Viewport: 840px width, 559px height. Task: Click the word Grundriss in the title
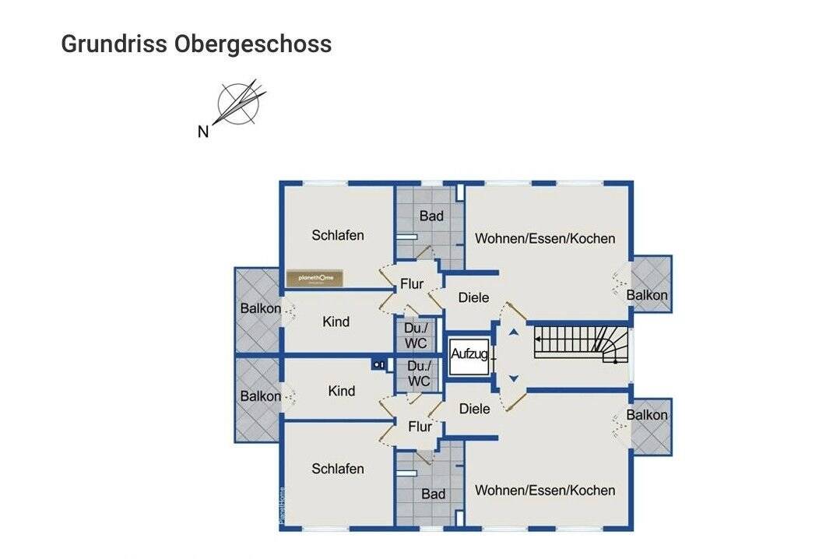point(114,44)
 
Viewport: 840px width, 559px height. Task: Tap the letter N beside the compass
point(203,132)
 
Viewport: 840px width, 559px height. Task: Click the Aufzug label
point(469,354)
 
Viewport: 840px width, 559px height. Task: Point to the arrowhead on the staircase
point(539,340)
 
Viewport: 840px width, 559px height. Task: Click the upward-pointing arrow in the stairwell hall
point(513,332)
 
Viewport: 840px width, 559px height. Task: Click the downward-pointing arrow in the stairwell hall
point(513,378)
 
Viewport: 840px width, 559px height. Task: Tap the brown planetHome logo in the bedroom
point(315,278)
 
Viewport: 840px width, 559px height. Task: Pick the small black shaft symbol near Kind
point(379,364)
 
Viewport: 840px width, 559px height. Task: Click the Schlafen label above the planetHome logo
point(338,235)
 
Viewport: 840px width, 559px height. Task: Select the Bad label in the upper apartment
point(431,216)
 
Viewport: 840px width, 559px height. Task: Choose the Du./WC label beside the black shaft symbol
point(419,374)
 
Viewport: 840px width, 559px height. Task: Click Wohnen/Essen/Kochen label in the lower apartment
point(545,490)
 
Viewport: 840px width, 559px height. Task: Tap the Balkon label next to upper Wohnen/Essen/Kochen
point(647,295)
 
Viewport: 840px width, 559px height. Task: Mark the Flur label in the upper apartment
point(412,284)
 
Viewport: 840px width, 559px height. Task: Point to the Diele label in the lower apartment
point(474,409)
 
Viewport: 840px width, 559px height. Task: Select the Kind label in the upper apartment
point(336,322)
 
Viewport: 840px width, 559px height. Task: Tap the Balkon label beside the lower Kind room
point(260,396)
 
